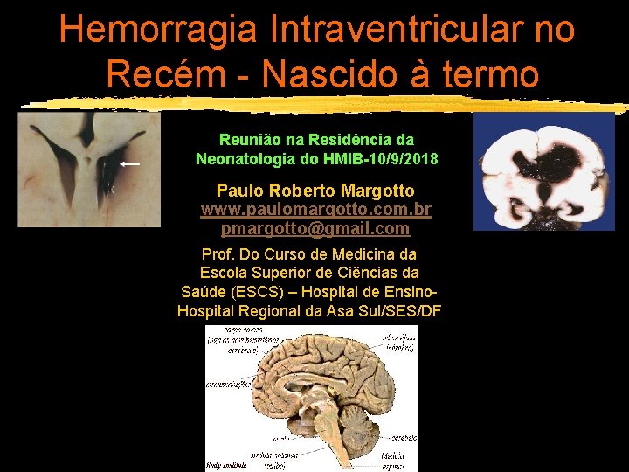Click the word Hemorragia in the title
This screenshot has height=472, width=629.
158,29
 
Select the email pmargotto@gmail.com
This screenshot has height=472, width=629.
316,229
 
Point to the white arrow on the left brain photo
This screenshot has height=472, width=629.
129,163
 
